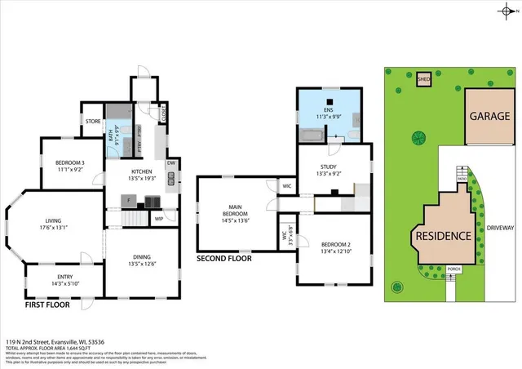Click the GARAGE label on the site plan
tap(489, 116)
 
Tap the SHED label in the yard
tap(424, 79)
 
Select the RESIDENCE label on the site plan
tap(444, 236)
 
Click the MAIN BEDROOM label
tap(234, 215)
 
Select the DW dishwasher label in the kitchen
tap(170, 162)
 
